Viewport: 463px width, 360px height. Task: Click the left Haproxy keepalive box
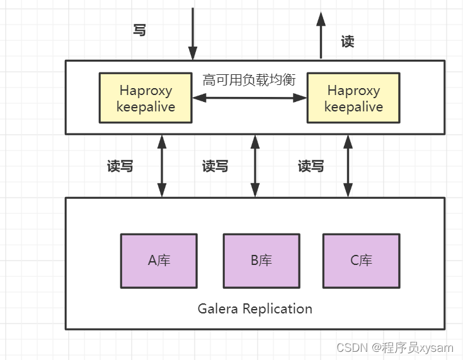(x=146, y=98)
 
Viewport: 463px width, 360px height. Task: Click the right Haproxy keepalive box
(x=353, y=98)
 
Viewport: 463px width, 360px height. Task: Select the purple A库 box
(x=159, y=261)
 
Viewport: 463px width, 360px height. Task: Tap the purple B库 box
(x=261, y=261)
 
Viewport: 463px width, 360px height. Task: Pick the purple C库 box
(x=361, y=261)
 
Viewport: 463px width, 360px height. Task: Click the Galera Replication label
(x=254, y=308)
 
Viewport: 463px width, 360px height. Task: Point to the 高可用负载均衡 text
(x=249, y=80)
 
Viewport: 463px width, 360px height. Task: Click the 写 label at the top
(x=140, y=30)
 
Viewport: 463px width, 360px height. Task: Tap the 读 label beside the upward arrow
(x=347, y=42)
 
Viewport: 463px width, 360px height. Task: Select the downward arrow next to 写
(x=193, y=35)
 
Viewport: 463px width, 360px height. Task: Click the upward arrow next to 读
(x=321, y=35)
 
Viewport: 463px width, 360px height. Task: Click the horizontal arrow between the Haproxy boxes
(x=249, y=98)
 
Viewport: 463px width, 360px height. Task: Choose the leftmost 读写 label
(x=120, y=166)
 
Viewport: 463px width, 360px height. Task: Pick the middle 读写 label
(x=215, y=166)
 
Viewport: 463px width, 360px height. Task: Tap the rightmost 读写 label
(x=311, y=166)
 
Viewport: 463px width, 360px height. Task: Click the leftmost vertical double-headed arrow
(x=162, y=166)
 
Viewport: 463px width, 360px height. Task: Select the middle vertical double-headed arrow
(x=254, y=166)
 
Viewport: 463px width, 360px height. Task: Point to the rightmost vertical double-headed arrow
(x=347, y=166)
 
